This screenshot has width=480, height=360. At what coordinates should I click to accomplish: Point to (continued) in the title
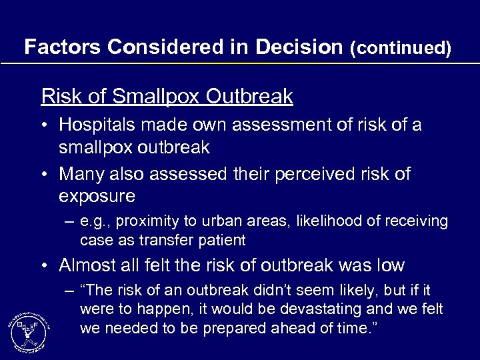(401, 47)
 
